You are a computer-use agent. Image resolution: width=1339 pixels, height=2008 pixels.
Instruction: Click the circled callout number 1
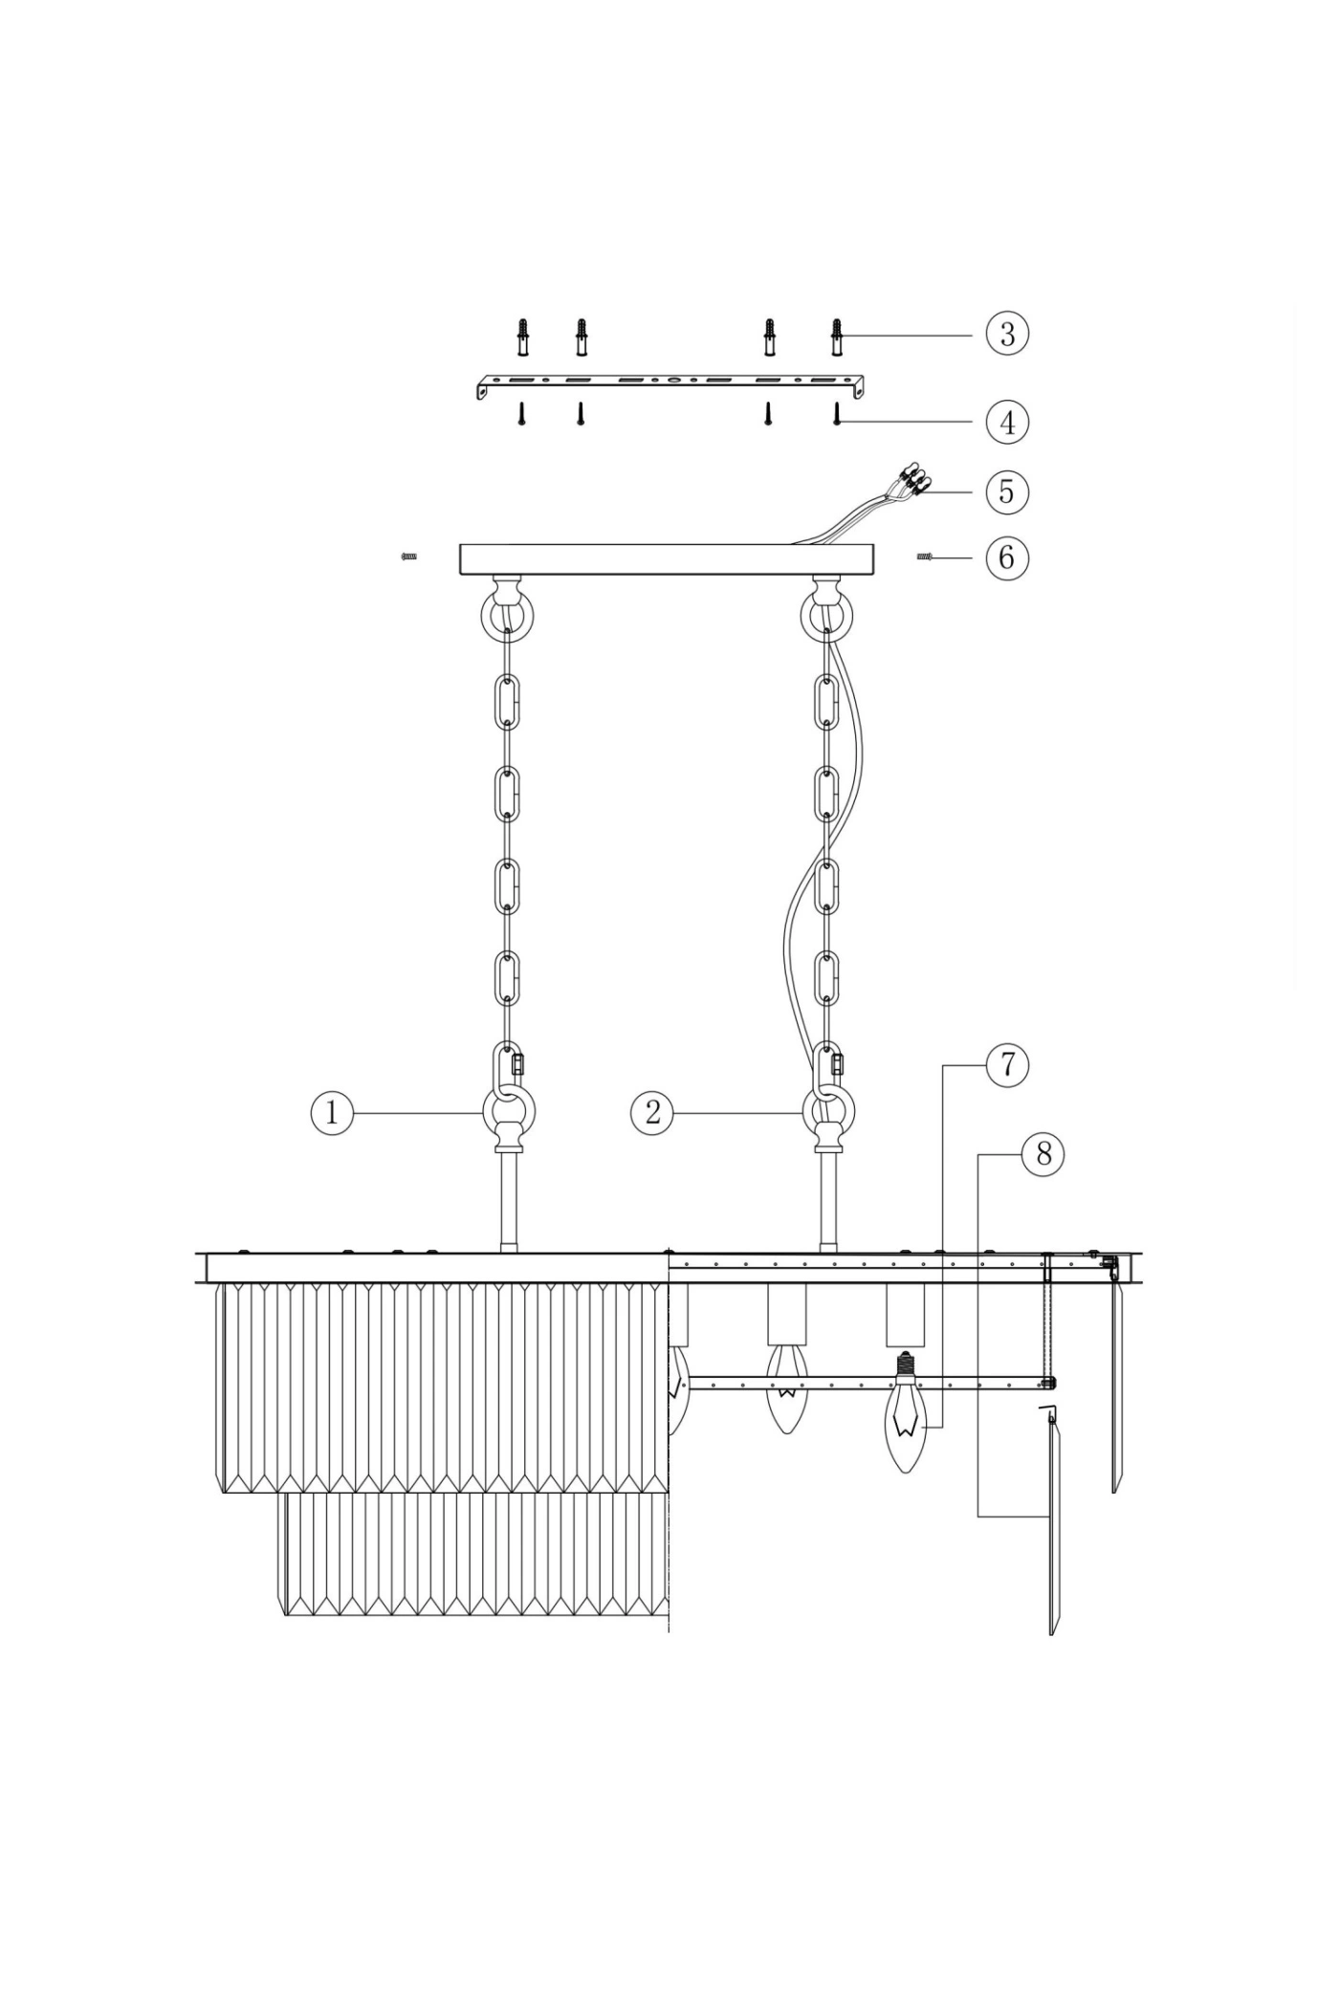(332, 1113)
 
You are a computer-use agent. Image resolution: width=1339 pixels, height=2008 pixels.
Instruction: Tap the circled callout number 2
(652, 1113)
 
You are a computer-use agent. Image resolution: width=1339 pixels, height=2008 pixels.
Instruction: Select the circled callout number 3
(1007, 335)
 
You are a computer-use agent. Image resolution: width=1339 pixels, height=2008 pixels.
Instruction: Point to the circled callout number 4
(1007, 422)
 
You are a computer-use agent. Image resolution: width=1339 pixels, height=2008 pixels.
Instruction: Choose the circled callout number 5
(1007, 491)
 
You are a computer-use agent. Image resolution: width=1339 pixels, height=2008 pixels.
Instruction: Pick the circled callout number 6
(1007, 557)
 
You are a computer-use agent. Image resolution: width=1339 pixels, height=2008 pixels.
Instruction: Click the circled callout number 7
(1007, 1064)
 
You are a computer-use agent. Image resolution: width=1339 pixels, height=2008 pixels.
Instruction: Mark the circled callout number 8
(1043, 1154)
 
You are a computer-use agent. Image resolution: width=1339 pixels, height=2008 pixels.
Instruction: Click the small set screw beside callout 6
(925, 557)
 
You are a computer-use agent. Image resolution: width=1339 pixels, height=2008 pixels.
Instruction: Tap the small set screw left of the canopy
(408, 556)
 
